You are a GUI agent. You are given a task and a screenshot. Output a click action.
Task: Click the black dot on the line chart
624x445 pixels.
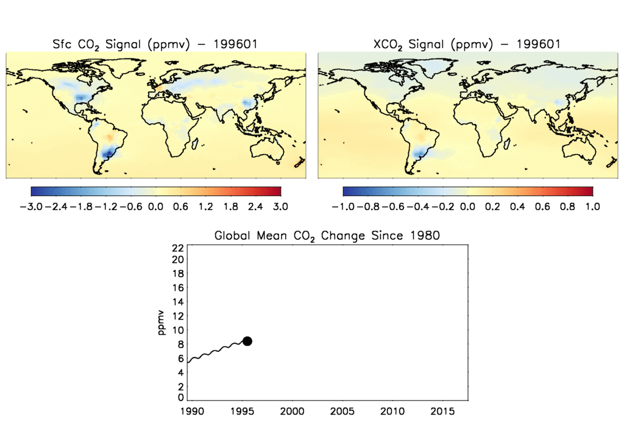(x=247, y=341)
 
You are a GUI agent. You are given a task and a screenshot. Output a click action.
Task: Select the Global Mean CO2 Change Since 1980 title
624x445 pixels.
(x=327, y=236)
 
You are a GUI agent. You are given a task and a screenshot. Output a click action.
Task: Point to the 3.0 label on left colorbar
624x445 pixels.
(x=280, y=207)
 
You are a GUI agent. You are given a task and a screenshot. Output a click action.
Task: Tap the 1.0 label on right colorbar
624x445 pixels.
(x=592, y=207)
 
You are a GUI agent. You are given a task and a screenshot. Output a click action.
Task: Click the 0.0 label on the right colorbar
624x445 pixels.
(x=467, y=207)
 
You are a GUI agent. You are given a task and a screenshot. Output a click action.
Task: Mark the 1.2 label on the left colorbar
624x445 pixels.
(x=205, y=207)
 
